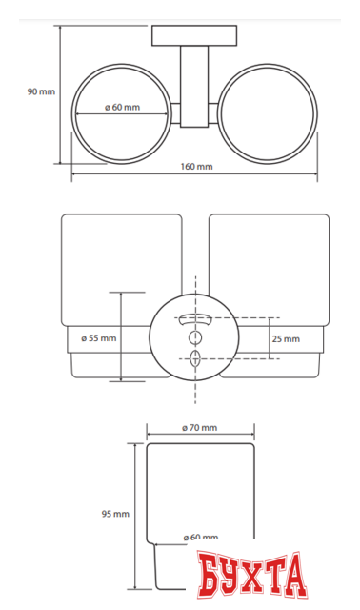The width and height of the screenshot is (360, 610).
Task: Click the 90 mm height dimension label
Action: tap(41, 91)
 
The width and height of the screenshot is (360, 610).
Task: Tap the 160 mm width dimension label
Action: tap(196, 167)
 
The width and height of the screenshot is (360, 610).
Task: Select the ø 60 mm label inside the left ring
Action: tap(122, 108)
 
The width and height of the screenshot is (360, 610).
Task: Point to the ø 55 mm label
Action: tap(99, 338)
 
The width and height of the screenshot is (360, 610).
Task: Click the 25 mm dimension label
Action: tap(286, 339)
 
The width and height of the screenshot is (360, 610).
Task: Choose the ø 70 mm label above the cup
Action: tap(199, 428)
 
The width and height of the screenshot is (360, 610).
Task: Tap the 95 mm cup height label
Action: tap(115, 514)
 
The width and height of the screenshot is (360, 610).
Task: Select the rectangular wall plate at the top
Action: tap(194, 36)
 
